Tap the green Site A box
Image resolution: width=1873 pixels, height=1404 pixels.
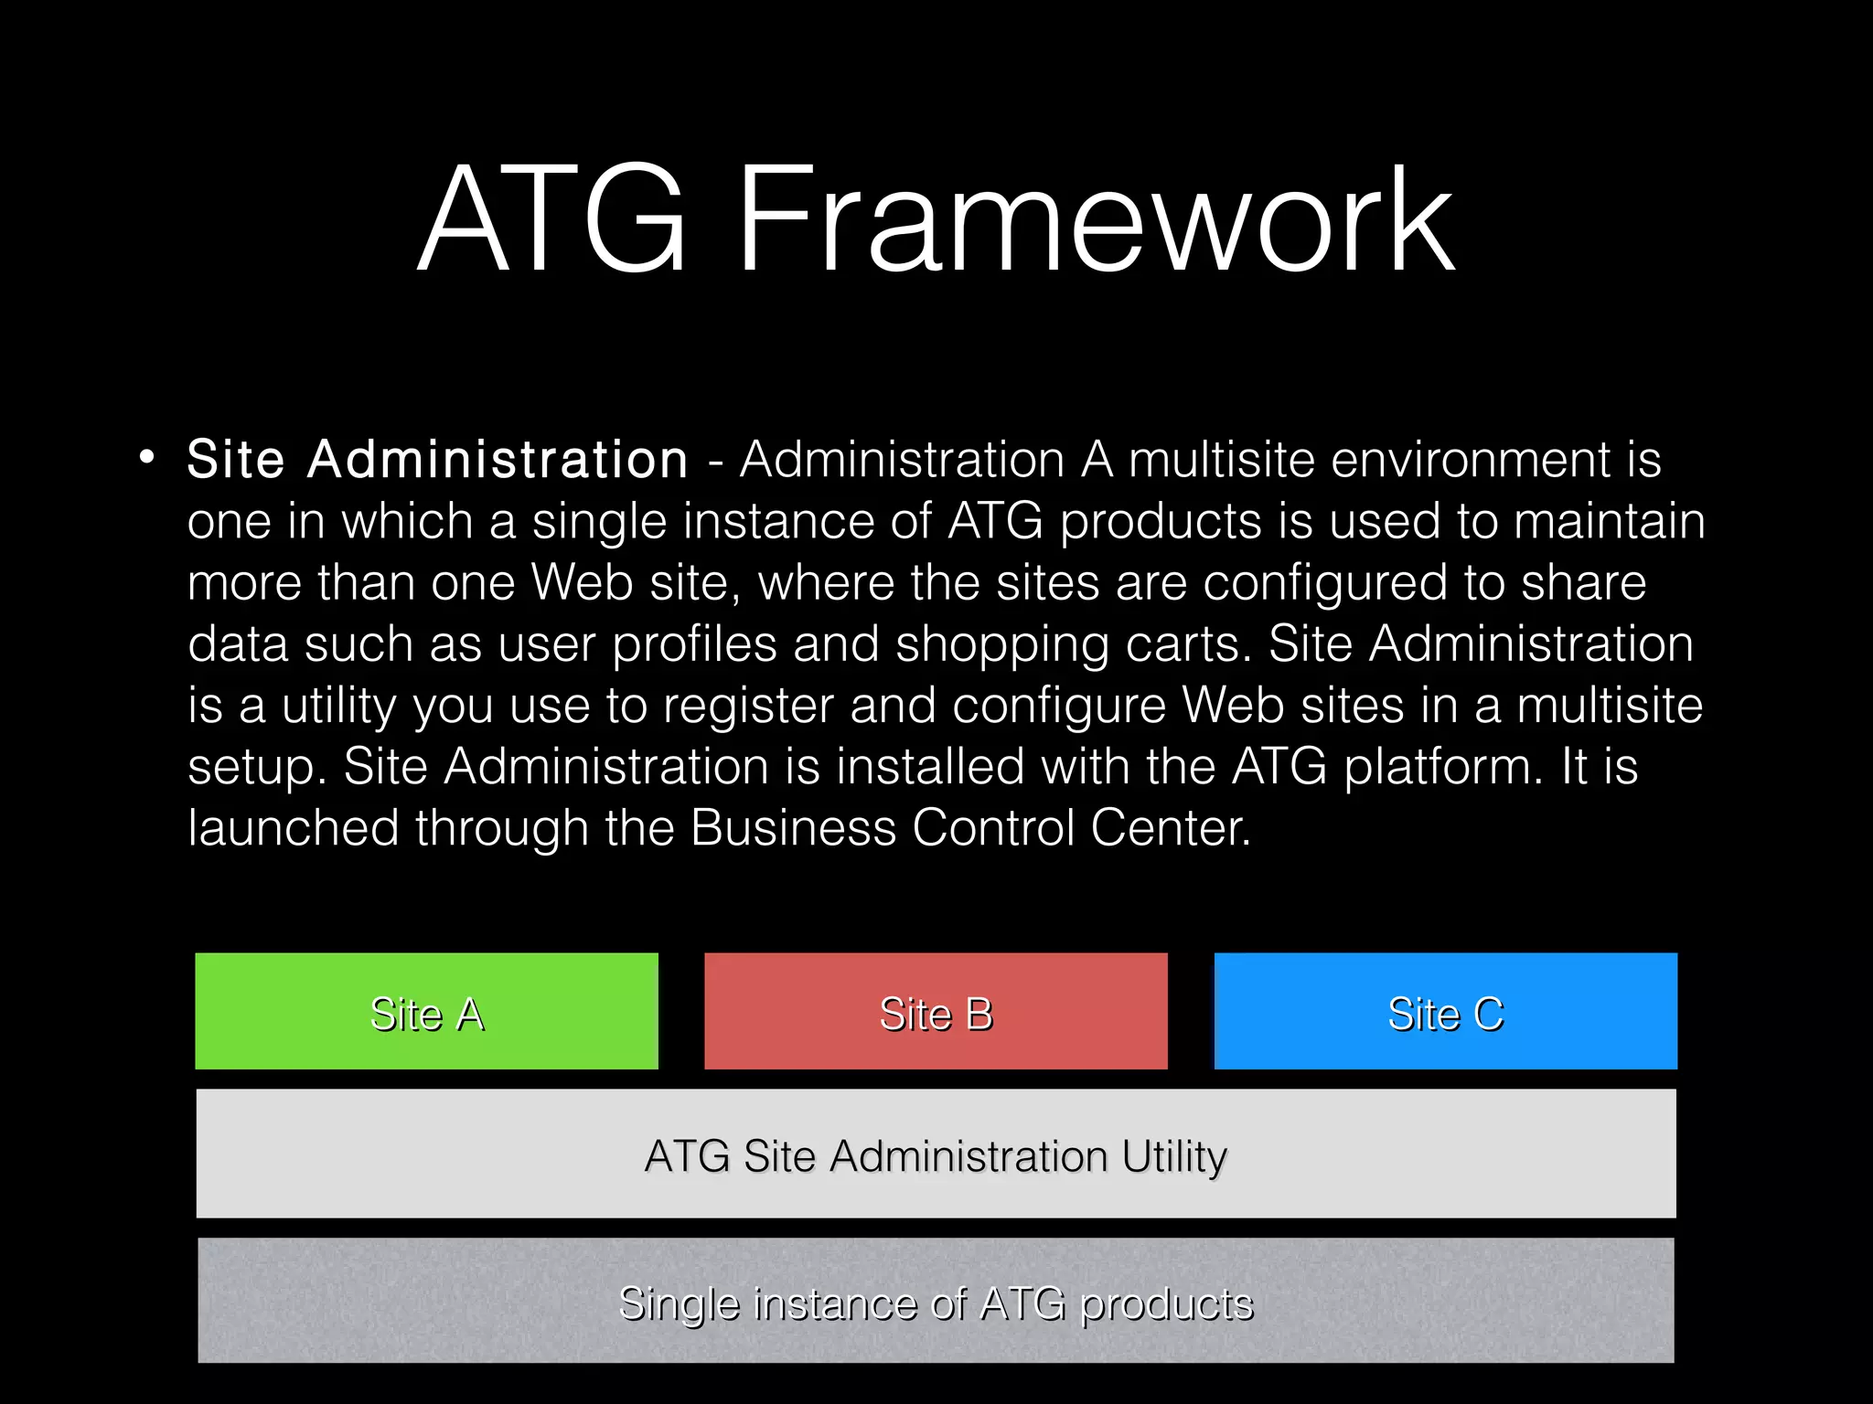tap(426, 1011)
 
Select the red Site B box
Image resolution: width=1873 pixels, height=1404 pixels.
tap(936, 1011)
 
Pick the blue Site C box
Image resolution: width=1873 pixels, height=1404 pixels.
tap(1445, 1011)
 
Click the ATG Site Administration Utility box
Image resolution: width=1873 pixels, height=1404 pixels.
tap(936, 1154)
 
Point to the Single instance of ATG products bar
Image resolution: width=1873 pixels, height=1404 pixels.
tap(936, 1301)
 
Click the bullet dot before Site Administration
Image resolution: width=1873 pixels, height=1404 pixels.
tap(147, 457)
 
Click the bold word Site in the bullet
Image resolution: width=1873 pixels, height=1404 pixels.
tap(236, 459)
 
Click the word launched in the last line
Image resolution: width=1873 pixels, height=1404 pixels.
tap(293, 828)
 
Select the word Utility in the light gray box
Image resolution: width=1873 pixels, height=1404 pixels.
tap(1173, 1156)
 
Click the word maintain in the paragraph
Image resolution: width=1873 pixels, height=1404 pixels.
tap(1609, 521)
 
